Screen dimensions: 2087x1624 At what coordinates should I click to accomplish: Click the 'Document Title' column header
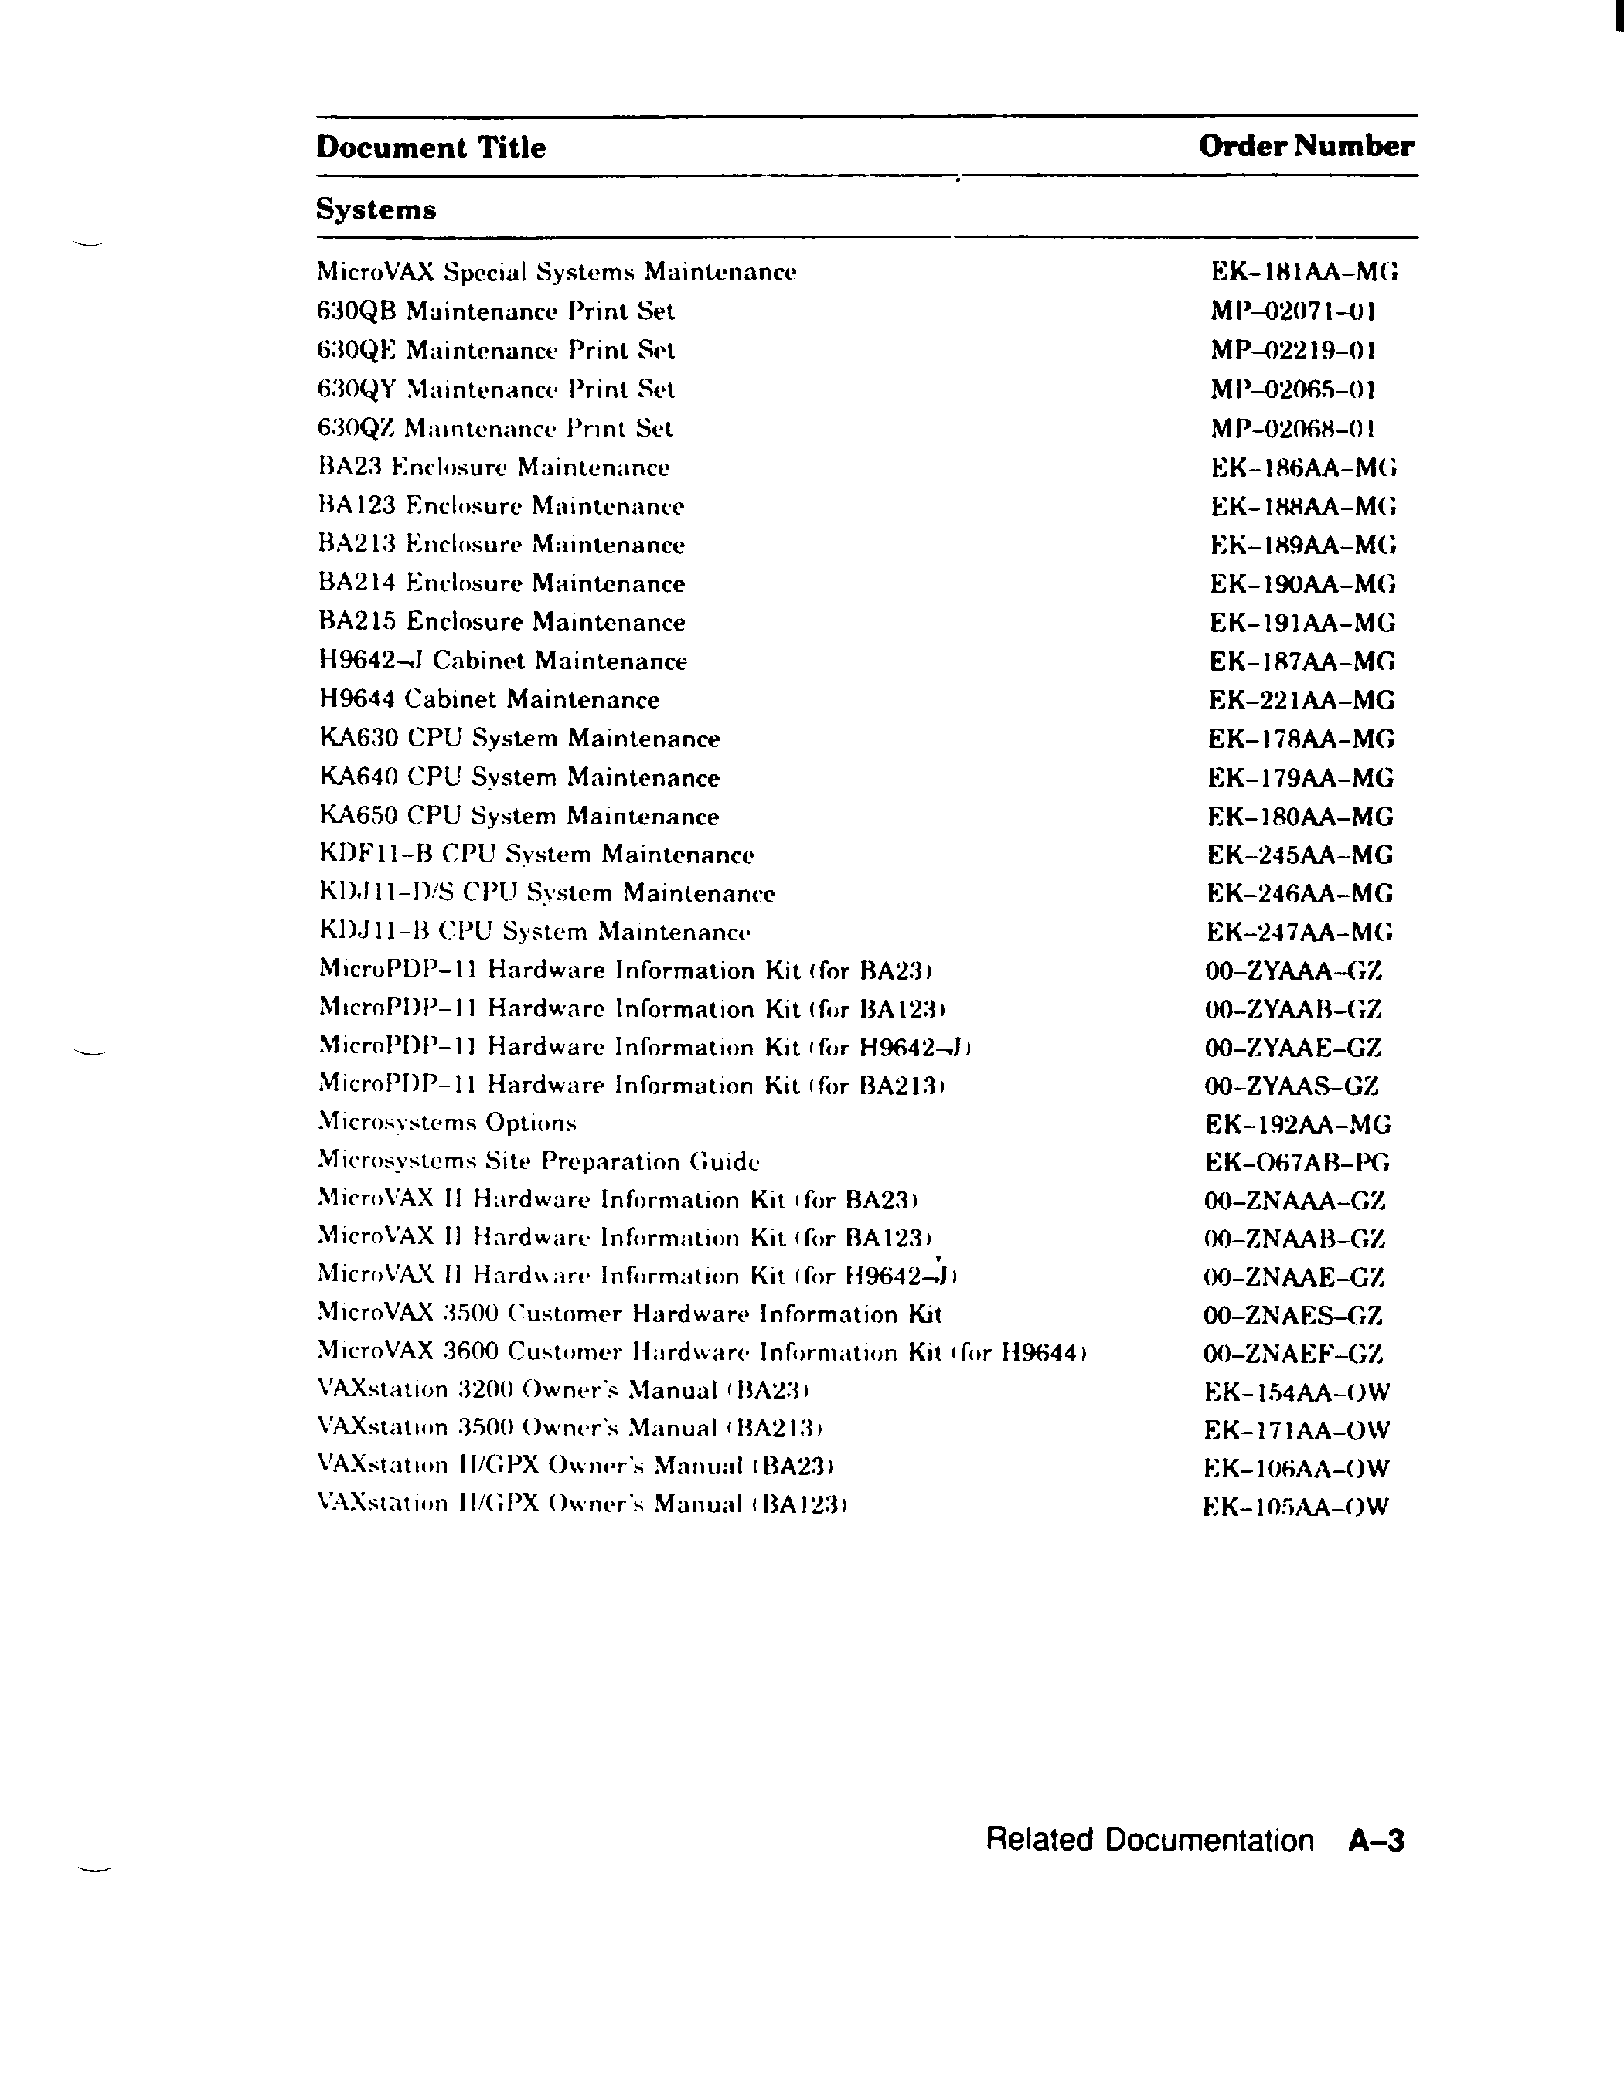pos(431,148)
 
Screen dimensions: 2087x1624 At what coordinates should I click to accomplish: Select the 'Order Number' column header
pos(1306,146)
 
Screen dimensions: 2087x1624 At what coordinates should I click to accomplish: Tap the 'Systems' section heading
pos(376,209)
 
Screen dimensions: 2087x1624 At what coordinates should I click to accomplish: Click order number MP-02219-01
pos(1293,351)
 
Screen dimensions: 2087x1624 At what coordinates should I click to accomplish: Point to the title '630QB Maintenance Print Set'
pos(495,311)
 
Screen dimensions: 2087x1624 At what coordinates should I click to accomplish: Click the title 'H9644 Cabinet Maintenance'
pos(489,701)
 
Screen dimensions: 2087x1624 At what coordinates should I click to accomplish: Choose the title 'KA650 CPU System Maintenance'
pos(519,817)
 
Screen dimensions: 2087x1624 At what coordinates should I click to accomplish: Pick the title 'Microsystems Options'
pos(448,1123)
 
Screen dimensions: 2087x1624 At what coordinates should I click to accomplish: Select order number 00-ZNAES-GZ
pos(1293,1317)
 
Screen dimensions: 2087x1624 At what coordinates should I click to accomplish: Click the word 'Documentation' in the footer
pos(1209,1841)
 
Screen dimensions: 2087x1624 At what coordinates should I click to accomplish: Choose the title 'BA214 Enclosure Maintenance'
pos(502,584)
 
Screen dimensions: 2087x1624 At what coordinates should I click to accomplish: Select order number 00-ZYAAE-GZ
pos(1293,1049)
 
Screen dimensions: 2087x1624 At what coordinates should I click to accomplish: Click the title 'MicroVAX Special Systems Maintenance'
pos(557,274)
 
